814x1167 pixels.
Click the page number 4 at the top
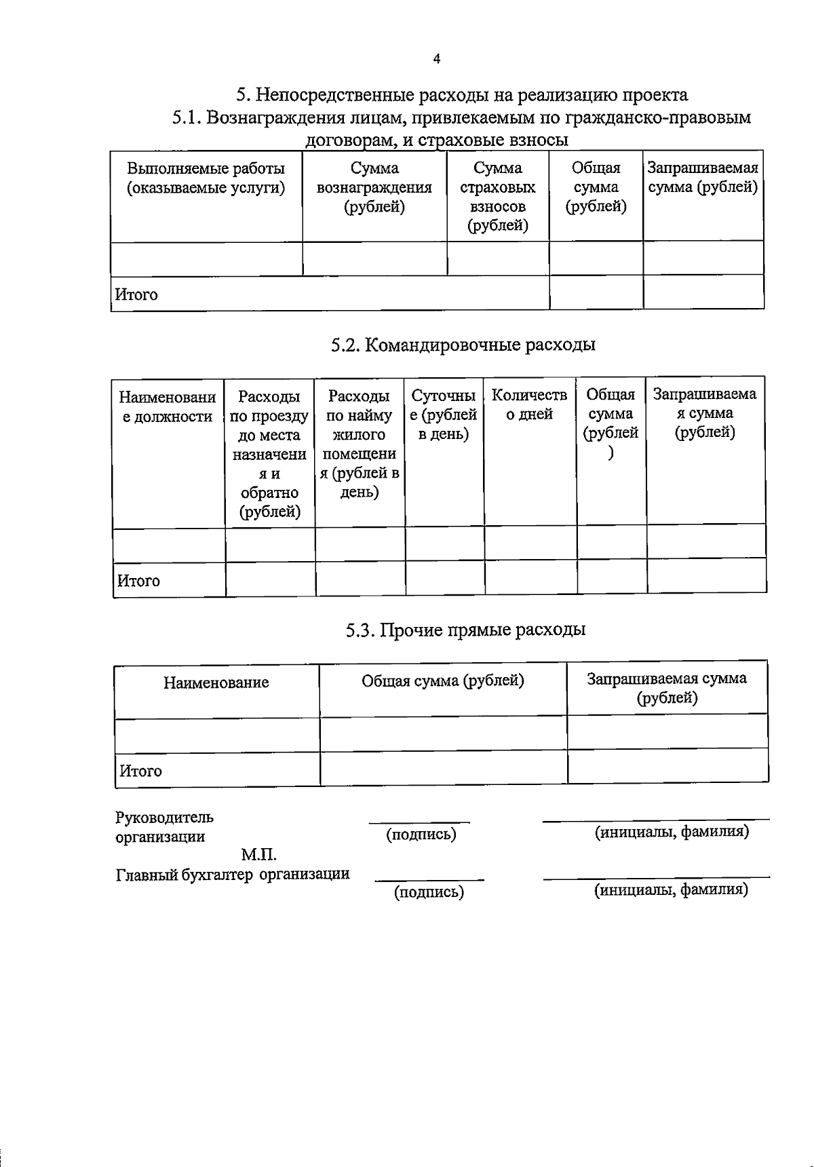pyautogui.click(x=436, y=60)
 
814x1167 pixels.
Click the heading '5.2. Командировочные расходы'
pyautogui.click(x=463, y=345)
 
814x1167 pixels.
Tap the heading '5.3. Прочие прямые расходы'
pyautogui.click(x=465, y=630)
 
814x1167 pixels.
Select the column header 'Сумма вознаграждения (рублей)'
pyautogui.click(x=374, y=188)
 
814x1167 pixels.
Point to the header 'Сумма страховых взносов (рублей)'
pyautogui.click(x=497, y=197)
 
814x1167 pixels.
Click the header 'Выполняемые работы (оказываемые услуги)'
pyautogui.click(x=206, y=178)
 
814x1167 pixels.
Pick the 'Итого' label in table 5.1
pyautogui.click(x=136, y=295)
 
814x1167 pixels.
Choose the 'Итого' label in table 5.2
pyautogui.click(x=139, y=581)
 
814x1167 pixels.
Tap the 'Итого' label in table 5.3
pyautogui.click(x=140, y=771)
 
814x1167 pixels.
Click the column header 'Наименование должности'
pyautogui.click(x=168, y=406)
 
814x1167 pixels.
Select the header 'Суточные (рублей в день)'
pyautogui.click(x=444, y=415)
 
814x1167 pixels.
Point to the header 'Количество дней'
pyautogui.click(x=529, y=404)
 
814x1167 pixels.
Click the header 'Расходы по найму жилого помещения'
pyautogui.click(x=360, y=444)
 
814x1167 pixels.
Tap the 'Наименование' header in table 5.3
pyautogui.click(x=216, y=683)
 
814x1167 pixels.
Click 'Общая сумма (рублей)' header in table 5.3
pyautogui.click(x=442, y=681)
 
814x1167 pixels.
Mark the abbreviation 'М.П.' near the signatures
pyautogui.click(x=259, y=855)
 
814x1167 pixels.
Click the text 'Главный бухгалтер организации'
pyautogui.click(x=233, y=875)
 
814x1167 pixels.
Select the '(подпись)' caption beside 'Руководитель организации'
pyautogui.click(x=421, y=835)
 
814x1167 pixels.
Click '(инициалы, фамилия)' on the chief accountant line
pyautogui.click(x=671, y=889)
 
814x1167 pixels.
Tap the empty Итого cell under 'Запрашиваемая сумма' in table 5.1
pyautogui.click(x=703, y=292)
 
